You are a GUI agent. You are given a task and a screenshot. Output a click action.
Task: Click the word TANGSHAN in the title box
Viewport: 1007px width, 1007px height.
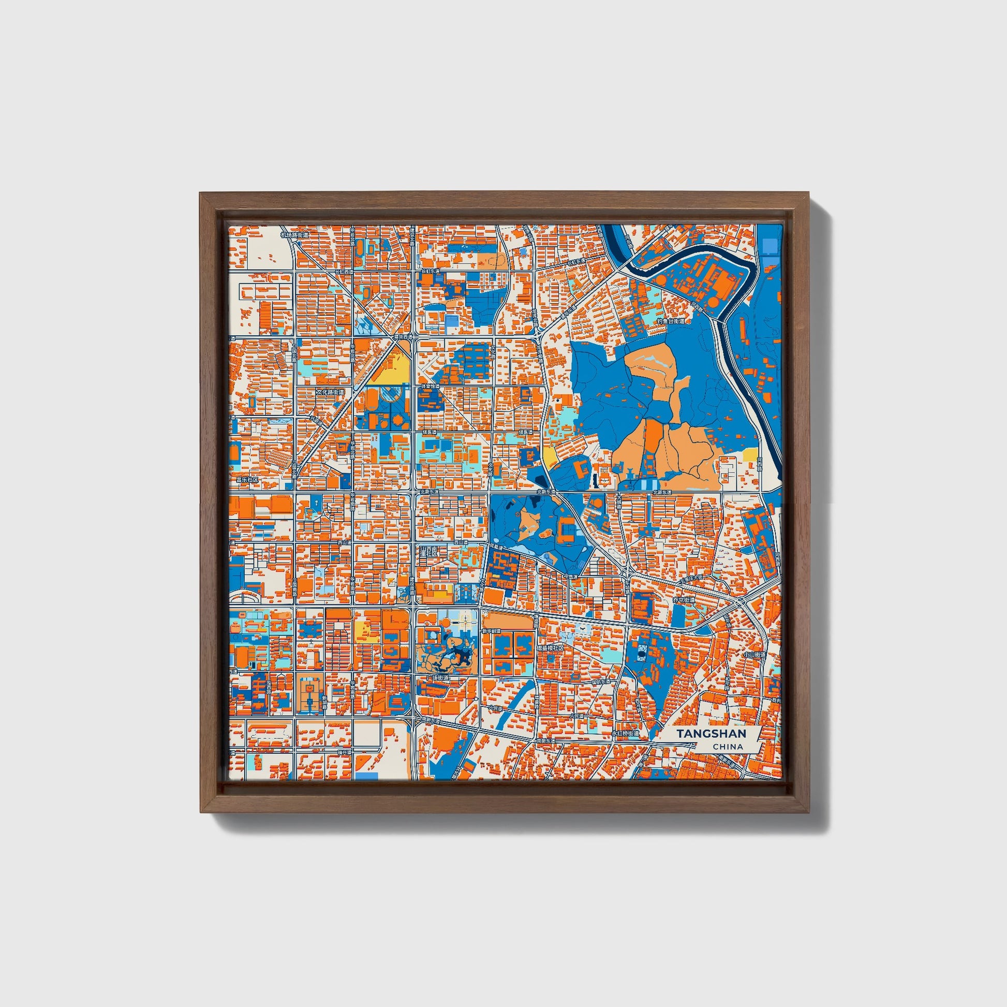712,733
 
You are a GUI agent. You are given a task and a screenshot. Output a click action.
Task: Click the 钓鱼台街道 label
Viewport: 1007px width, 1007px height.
671,322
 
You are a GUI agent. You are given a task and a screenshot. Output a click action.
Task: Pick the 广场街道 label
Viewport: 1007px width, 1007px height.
437,678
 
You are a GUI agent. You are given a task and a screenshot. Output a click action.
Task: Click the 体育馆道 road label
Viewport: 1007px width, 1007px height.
430,387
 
